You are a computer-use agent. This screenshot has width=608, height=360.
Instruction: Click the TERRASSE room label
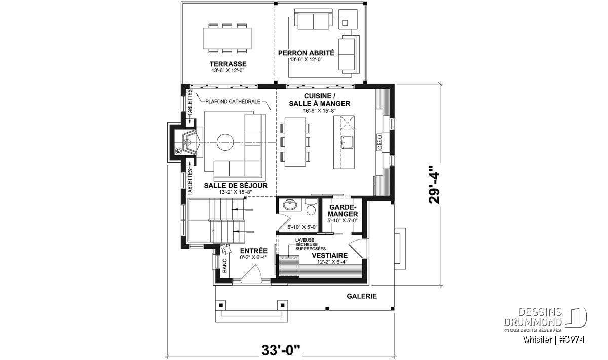[x=228, y=64]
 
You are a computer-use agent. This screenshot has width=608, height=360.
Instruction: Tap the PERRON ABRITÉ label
[x=306, y=53]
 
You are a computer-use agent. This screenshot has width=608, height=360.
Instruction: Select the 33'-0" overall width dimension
[x=281, y=350]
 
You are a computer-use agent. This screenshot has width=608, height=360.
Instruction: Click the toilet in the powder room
[x=311, y=207]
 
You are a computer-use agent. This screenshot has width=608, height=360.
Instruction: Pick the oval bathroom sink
[x=290, y=205]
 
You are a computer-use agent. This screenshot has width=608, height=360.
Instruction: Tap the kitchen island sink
[x=347, y=142]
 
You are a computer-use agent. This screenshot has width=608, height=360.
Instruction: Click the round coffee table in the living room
[x=225, y=142]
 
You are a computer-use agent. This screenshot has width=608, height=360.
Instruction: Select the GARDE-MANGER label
[x=343, y=210]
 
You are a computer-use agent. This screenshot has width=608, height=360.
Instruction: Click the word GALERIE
[x=362, y=296]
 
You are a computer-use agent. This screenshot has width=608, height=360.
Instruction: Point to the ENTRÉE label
[x=254, y=251]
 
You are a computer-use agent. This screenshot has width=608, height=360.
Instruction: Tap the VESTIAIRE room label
[x=329, y=256]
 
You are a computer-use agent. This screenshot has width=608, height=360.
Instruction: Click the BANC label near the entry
[x=225, y=265]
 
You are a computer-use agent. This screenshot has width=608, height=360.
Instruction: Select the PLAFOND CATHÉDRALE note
[x=233, y=102]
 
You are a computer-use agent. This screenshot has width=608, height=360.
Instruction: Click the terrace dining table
[x=227, y=38]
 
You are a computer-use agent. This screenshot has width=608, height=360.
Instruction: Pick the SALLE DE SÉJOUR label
[x=236, y=185]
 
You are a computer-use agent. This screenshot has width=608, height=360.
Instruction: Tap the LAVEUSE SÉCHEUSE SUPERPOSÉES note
[x=311, y=245]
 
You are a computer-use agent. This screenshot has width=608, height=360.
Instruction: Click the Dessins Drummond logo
[x=545, y=319]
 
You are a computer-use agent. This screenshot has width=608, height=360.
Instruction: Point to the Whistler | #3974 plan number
[x=554, y=340]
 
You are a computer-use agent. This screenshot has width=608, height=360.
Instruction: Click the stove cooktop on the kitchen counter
[x=378, y=142]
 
